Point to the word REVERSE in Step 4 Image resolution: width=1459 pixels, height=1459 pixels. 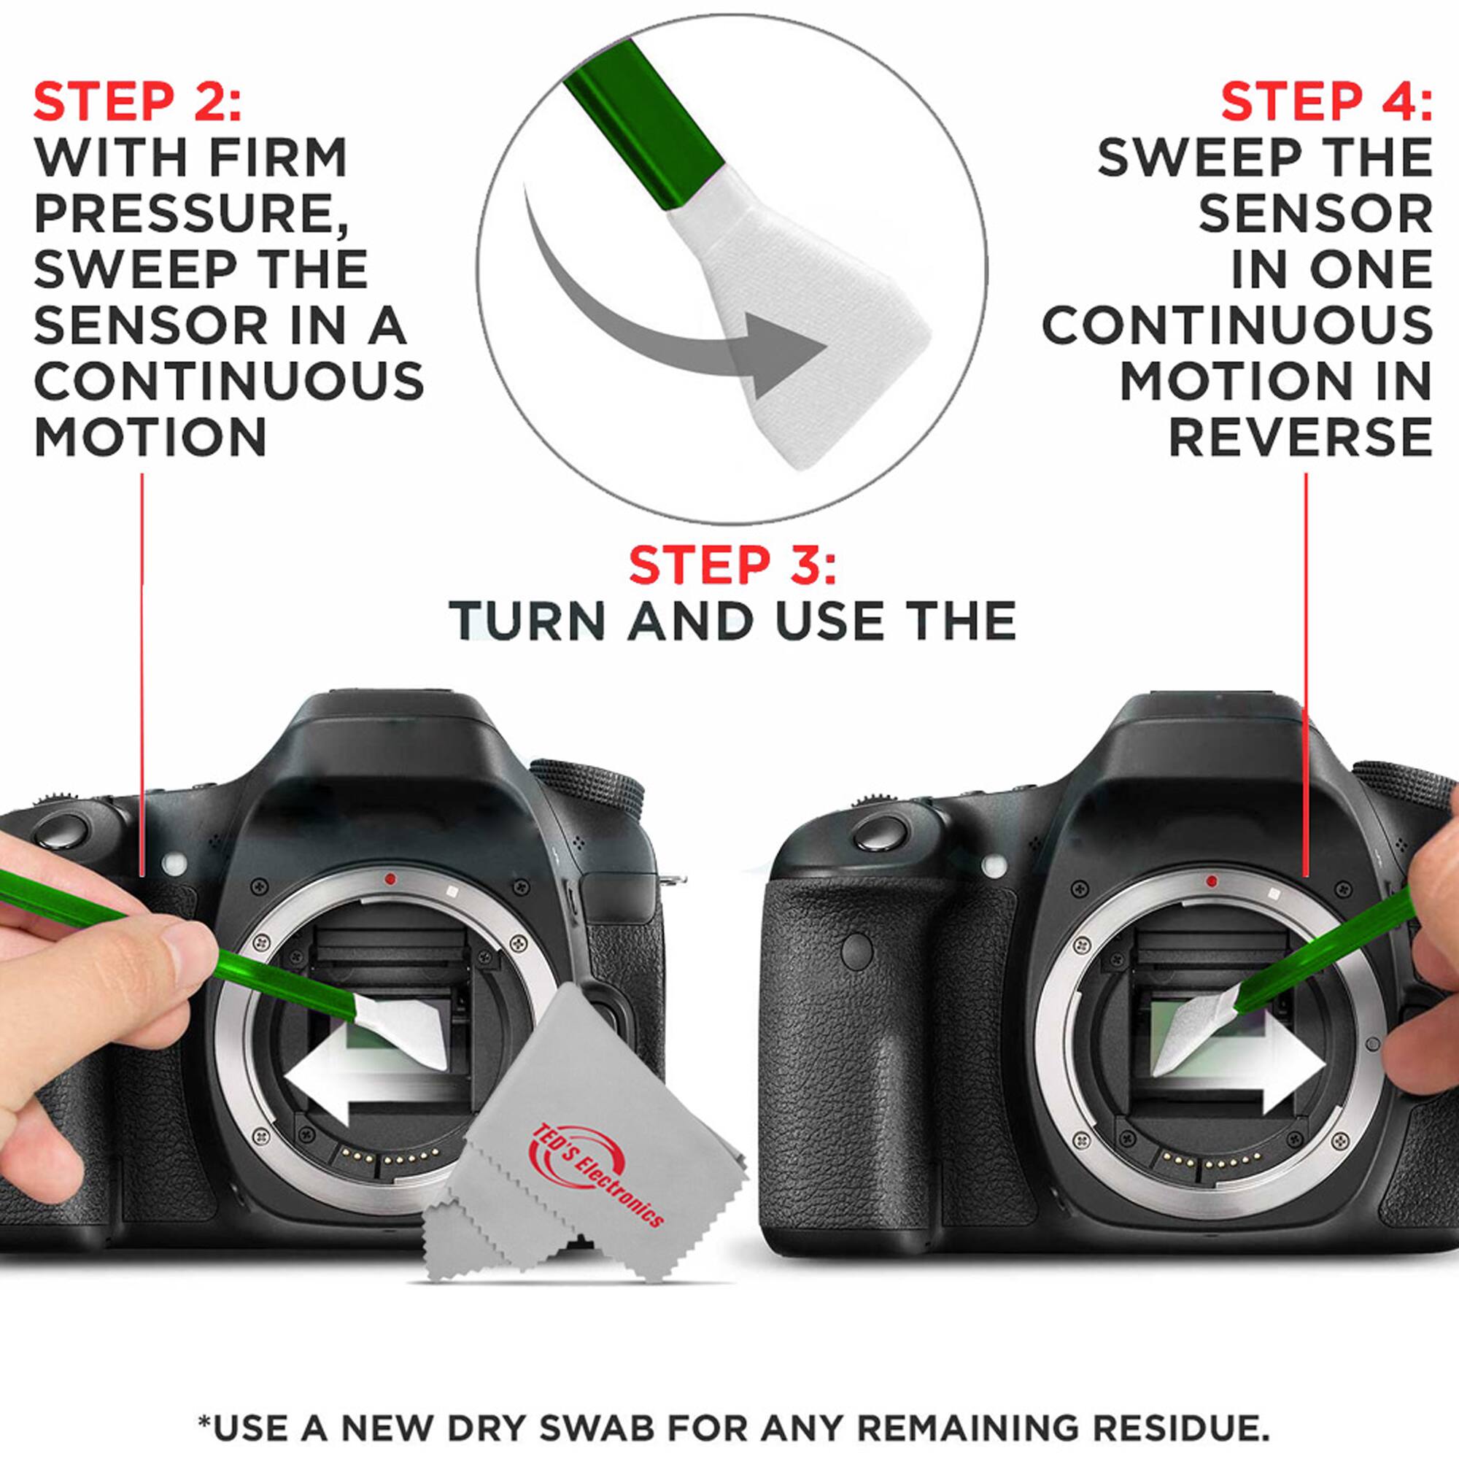pyautogui.click(x=1300, y=437)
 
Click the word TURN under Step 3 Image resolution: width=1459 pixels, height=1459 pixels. pyautogui.click(x=528, y=622)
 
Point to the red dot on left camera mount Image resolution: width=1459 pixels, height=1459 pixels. pyautogui.click(x=390, y=879)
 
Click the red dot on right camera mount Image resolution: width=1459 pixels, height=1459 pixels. pyautogui.click(x=1211, y=881)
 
